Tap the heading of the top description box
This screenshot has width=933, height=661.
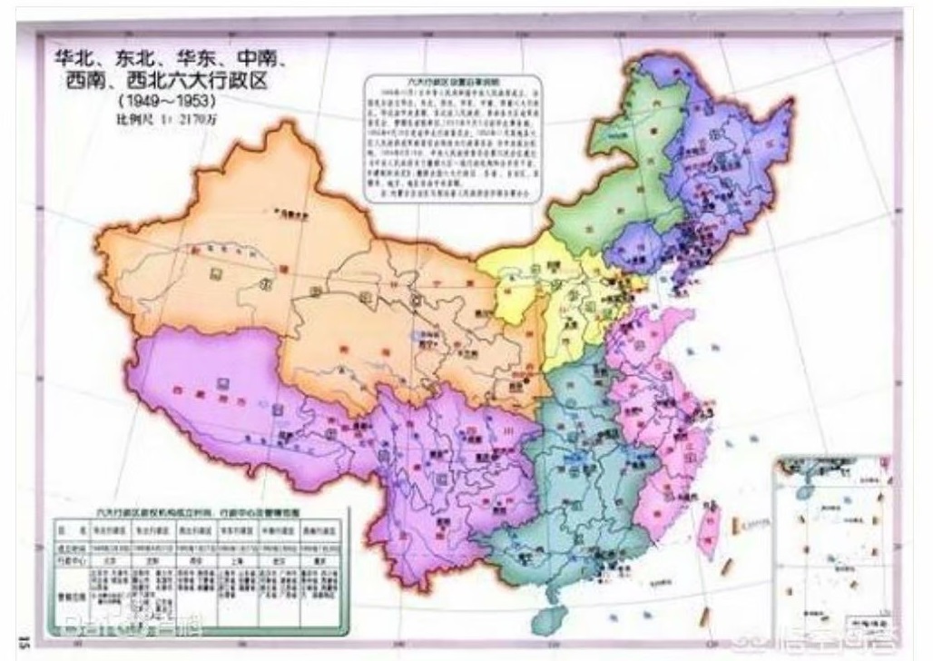[x=455, y=81]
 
